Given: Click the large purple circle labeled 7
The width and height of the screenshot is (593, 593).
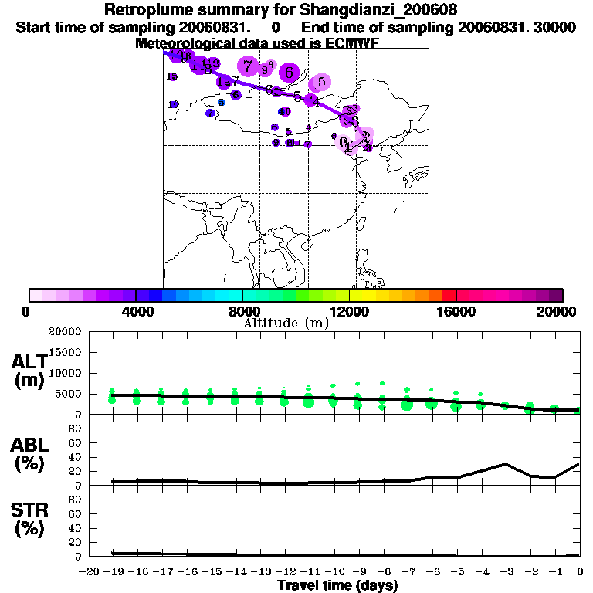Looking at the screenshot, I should point(247,66).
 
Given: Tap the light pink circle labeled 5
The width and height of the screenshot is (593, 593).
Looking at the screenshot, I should point(320,83).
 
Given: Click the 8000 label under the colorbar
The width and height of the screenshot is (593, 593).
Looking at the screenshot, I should point(242,311).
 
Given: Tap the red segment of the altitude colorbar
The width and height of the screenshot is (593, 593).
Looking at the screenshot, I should point(449,295).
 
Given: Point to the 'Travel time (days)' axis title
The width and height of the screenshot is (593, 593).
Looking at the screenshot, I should point(337,585).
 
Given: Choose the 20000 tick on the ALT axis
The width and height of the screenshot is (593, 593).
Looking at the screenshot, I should point(65,333).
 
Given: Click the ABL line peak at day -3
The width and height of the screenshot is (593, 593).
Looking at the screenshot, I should point(505,464).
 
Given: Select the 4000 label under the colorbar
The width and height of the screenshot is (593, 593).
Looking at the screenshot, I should point(135,311).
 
